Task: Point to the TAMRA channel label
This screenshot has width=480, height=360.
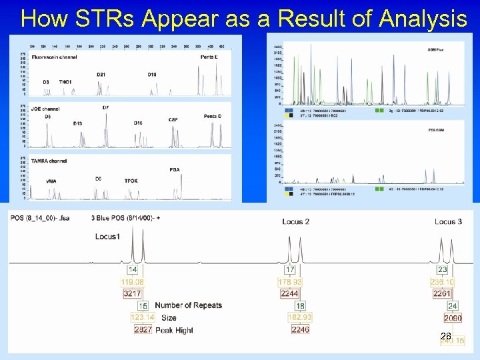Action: [48, 161]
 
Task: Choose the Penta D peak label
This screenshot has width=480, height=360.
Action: [213, 117]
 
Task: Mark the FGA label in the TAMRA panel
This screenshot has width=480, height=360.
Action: [175, 170]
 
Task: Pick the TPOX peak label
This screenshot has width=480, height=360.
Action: [131, 181]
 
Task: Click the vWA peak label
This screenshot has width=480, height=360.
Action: [51, 181]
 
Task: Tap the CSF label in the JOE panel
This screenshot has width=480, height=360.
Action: [173, 120]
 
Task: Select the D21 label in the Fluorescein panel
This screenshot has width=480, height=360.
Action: [101, 74]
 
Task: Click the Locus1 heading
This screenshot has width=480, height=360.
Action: [108, 236]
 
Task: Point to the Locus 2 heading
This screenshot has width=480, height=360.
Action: [296, 221]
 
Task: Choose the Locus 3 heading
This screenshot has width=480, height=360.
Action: [447, 221]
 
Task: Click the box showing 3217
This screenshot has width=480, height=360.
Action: [132, 293]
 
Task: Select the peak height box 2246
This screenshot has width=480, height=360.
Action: [300, 329]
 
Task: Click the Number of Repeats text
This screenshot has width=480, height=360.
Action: [189, 305]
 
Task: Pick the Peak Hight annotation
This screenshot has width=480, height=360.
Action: [175, 330]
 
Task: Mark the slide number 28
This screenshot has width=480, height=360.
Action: [445, 336]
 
